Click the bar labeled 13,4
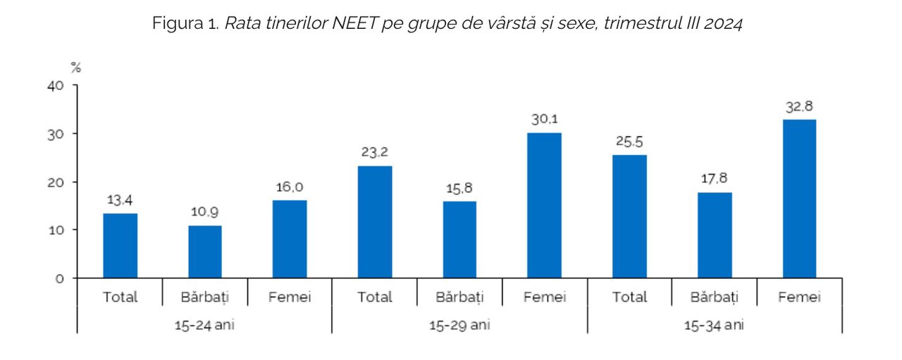[x=120, y=246]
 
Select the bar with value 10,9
[x=205, y=252]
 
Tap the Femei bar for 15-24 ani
[x=290, y=240]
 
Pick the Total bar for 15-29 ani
[x=374, y=222]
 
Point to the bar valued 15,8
[x=459, y=240]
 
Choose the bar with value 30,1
[x=545, y=206]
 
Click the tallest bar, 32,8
[x=799, y=199]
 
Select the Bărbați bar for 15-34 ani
[x=715, y=235]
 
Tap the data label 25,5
[x=629, y=142]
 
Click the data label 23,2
[x=374, y=152]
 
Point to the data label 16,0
[x=290, y=187]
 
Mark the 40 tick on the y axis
[x=56, y=85]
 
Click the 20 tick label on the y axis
[x=56, y=182]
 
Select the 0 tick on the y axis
[x=60, y=279]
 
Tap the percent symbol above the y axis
[x=75, y=68]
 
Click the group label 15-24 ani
[x=204, y=325]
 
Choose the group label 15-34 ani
[x=714, y=325]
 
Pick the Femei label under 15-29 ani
[x=545, y=297]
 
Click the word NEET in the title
[x=354, y=23]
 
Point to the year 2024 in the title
[x=723, y=23]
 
